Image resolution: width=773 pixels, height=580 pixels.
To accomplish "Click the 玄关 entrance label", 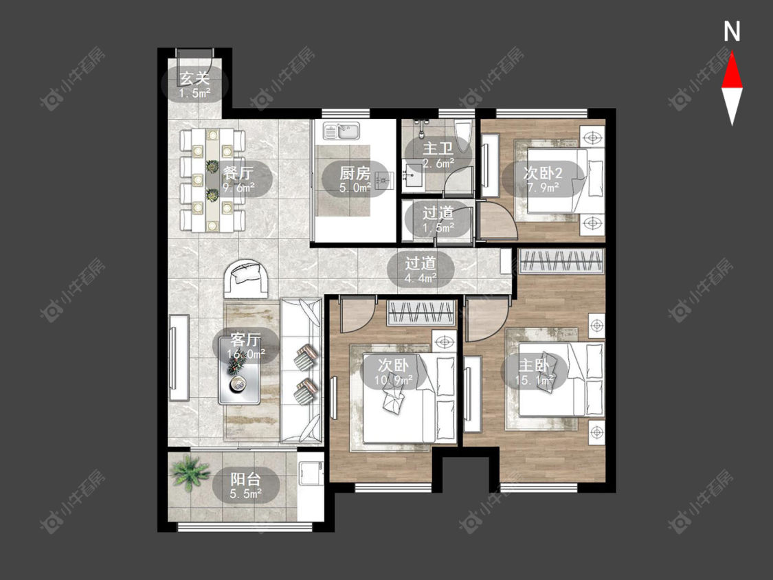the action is pyautogui.click(x=194, y=78).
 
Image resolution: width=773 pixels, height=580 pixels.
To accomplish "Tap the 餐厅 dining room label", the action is pyautogui.click(x=238, y=172).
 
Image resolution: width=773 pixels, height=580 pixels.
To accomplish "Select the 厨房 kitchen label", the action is pyautogui.click(x=355, y=173).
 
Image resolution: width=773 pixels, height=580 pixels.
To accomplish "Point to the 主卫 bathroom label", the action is pyautogui.click(x=438, y=148).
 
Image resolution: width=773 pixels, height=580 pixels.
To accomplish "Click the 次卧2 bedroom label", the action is pyautogui.click(x=543, y=173).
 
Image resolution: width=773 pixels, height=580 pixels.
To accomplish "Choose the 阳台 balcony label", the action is pyautogui.click(x=245, y=479).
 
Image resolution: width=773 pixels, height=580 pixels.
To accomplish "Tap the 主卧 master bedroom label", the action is pyautogui.click(x=534, y=366).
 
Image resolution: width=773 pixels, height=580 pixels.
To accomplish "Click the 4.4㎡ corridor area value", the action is pyautogui.click(x=421, y=278).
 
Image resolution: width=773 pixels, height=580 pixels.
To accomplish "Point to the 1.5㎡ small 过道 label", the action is pyautogui.click(x=438, y=228).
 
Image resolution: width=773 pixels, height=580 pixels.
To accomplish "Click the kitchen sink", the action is pyautogui.click(x=343, y=131).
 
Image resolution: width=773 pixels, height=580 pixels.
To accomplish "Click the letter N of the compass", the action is pyautogui.click(x=732, y=32).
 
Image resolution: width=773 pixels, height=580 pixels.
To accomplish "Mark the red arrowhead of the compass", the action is pyautogui.click(x=732, y=71).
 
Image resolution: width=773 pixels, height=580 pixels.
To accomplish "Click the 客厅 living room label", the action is pyautogui.click(x=245, y=339).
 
